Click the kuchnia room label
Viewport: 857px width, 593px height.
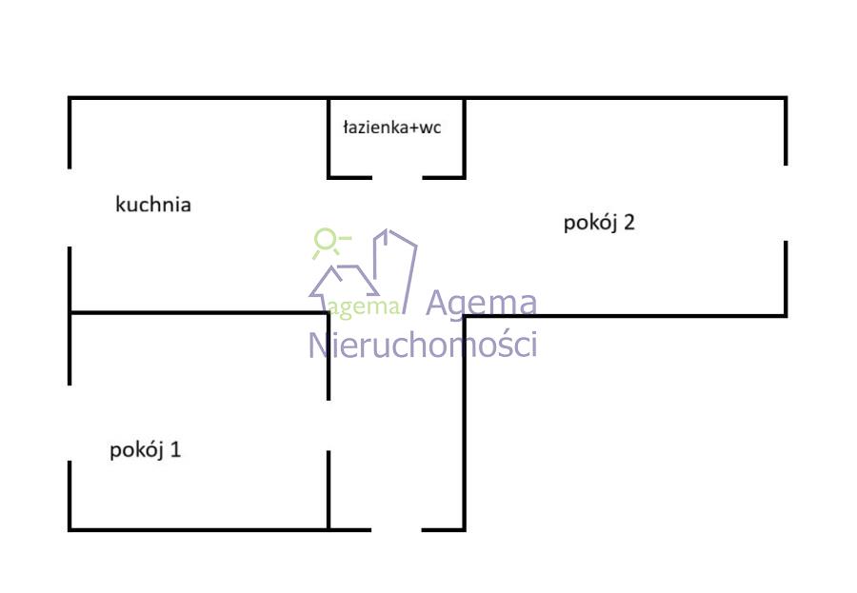(x=153, y=204)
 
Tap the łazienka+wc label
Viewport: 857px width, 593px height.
(x=391, y=128)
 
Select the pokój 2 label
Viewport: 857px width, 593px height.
(x=599, y=223)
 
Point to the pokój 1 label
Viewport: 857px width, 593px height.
(x=146, y=449)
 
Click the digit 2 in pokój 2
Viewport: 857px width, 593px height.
(x=628, y=223)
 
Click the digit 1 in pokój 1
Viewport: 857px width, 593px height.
(x=175, y=449)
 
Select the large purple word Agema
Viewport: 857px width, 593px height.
(x=481, y=303)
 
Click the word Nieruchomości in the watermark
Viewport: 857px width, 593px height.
(x=423, y=344)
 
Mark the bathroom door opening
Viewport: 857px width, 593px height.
(x=397, y=177)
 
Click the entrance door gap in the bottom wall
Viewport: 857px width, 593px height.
(x=396, y=528)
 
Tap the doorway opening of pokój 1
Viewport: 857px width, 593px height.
(x=329, y=425)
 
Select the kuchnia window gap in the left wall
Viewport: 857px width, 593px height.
(x=70, y=208)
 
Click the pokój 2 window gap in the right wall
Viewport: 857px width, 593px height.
(x=786, y=203)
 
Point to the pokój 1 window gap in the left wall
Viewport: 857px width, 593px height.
(x=70, y=423)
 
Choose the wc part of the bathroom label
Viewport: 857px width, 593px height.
(x=429, y=128)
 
